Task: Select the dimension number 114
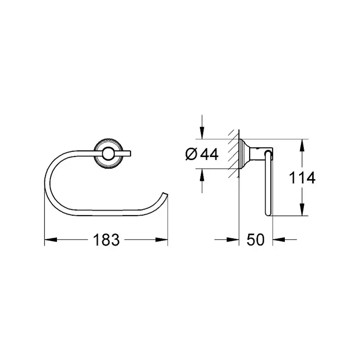click(x=301, y=177)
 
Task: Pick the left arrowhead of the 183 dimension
click(x=49, y=240)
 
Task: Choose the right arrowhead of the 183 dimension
click(x=163, y=240)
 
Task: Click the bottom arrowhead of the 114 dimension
click(x=301, y=211)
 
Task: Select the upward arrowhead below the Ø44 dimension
click(x=202, y=175)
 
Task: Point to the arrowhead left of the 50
click(x=235, y=240)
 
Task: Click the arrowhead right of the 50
click(x=277, y=240)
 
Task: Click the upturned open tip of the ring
click(x=164, y=194)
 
